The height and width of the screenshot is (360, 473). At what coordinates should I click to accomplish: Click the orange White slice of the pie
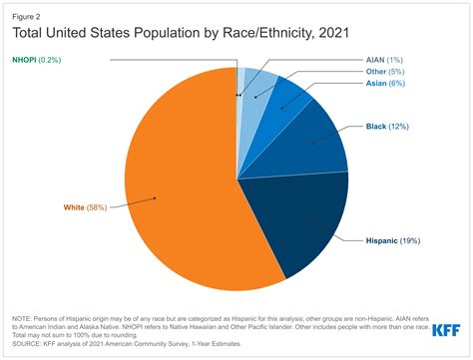coord(180,189)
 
